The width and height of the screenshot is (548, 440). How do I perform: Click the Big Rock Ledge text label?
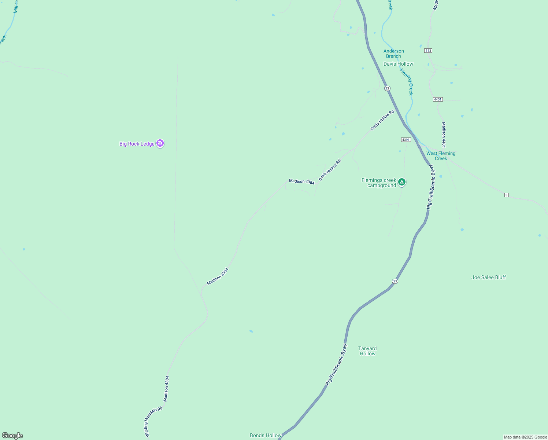(137, 144)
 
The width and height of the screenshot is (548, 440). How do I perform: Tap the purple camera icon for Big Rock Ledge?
(160, 143)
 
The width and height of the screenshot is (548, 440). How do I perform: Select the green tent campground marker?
(402, 182)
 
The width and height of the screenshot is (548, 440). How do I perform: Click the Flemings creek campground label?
(379, 183)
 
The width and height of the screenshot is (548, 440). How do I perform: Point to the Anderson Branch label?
(393, 54)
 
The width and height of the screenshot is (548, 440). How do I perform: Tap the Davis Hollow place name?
(398, 64)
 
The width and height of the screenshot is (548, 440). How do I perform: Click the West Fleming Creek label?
(441, 156)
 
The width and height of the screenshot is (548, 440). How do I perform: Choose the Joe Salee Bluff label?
(488, 277)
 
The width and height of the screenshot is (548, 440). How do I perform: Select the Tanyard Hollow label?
(367, 351)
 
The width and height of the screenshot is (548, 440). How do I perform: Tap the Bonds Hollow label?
(266, 435)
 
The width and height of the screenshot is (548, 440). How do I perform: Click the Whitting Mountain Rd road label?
(153, 421)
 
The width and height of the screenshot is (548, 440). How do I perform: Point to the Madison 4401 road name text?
(444, 135)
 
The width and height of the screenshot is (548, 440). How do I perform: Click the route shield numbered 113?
(428, 51)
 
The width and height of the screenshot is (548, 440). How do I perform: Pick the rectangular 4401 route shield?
(438, 99)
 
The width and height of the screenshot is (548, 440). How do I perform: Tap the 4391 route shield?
(406, 140)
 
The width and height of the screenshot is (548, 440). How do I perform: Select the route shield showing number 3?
(506, 195)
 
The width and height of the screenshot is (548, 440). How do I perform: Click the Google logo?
(12, 436)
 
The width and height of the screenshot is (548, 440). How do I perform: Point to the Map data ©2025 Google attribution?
(525, 437)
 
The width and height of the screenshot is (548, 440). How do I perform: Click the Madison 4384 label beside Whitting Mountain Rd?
(167, 388)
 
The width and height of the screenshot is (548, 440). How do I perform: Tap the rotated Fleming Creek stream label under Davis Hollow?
(407, 82)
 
